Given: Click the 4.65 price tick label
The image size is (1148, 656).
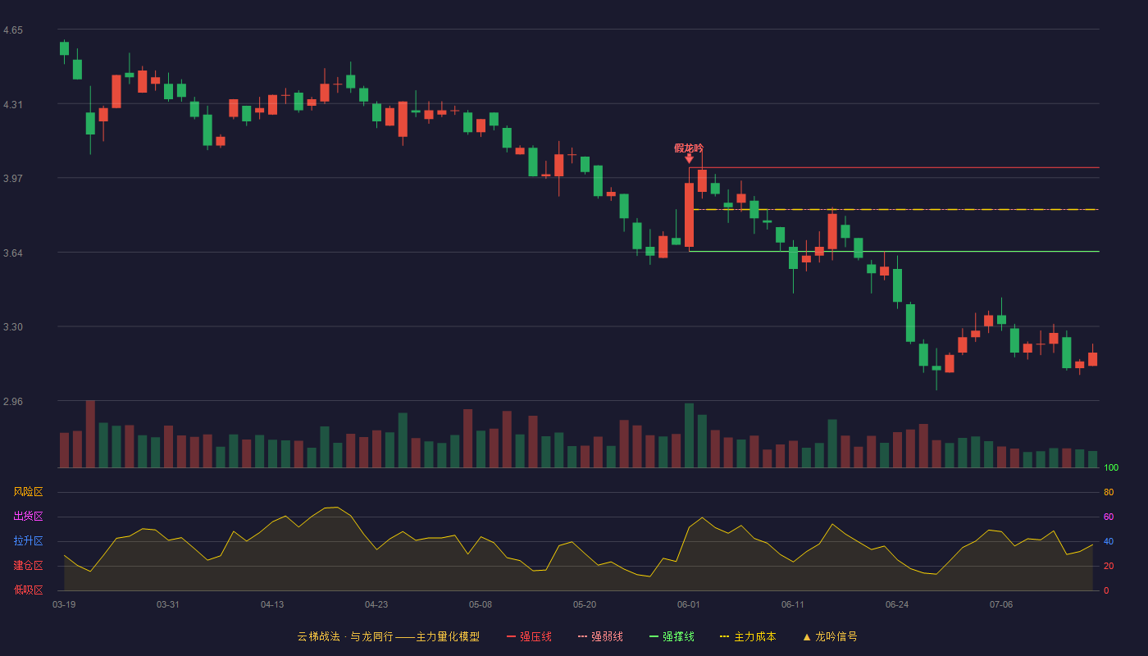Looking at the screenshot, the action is [x=13, y=30].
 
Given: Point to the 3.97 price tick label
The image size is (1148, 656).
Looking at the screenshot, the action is [x=13, y=179].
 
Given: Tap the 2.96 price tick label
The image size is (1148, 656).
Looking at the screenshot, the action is [x=13, y=401].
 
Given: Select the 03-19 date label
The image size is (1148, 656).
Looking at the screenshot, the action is [x=64, y=605].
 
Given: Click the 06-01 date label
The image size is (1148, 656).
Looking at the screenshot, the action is [x=688, y=605].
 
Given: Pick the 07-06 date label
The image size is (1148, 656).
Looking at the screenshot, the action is [x=1001, y=605].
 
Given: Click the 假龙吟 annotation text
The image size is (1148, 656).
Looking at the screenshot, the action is [x=689, y=148].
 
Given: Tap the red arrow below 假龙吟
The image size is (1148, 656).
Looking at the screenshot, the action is [x=690, y=159].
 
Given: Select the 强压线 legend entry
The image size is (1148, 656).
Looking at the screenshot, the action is [x=529, y=636].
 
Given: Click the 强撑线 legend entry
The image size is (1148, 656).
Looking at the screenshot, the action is [x=672, y=636].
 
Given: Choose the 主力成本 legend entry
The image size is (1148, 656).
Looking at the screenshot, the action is [x=748, y=636].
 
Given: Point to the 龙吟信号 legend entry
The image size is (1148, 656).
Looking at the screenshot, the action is [x=830, y=636].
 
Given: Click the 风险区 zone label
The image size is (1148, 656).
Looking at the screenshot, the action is [x=28, y=491].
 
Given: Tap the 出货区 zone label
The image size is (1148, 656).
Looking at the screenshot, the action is [x=28, y=516].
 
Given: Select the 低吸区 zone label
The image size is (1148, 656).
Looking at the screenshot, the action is [x=28, y=590].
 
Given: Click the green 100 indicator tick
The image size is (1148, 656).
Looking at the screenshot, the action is [x=1111, y=467].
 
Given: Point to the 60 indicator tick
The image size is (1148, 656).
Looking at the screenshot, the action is [x=1109, y=517].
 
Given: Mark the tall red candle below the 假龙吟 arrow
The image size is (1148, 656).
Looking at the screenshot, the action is [x=690, y=215].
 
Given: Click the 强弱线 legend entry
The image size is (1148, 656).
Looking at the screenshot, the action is [x=600, y=636].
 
